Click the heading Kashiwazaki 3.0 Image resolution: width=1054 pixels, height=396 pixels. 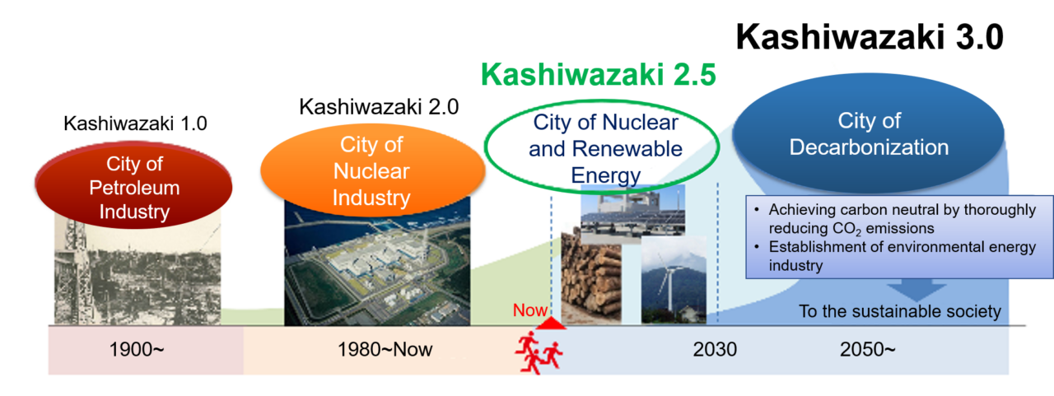(869, 37)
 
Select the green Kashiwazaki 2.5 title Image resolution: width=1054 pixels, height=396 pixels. (599, 75)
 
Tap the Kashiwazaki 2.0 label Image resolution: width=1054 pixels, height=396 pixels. (378, 107)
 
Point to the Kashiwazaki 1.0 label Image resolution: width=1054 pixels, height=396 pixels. (135, 124)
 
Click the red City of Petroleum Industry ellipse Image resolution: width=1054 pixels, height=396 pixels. (134, 188)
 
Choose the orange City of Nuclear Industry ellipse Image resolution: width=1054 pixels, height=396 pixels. (371, 171)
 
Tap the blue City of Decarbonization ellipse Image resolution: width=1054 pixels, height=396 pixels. (868, 135)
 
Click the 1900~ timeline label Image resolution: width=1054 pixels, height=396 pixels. (137, 350)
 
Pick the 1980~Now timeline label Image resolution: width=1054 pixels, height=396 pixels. (385, 350)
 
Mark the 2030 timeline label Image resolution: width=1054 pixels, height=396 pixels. (714, 350)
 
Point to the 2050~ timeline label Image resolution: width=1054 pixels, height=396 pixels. (867, 350)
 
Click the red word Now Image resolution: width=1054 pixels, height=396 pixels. (529, 311)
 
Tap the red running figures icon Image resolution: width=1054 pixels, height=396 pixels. (539, 353)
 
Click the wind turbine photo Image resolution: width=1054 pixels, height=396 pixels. (673, 280)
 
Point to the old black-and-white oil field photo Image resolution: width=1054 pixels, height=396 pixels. (137, 272)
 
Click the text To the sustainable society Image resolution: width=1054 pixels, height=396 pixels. (899, 311)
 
